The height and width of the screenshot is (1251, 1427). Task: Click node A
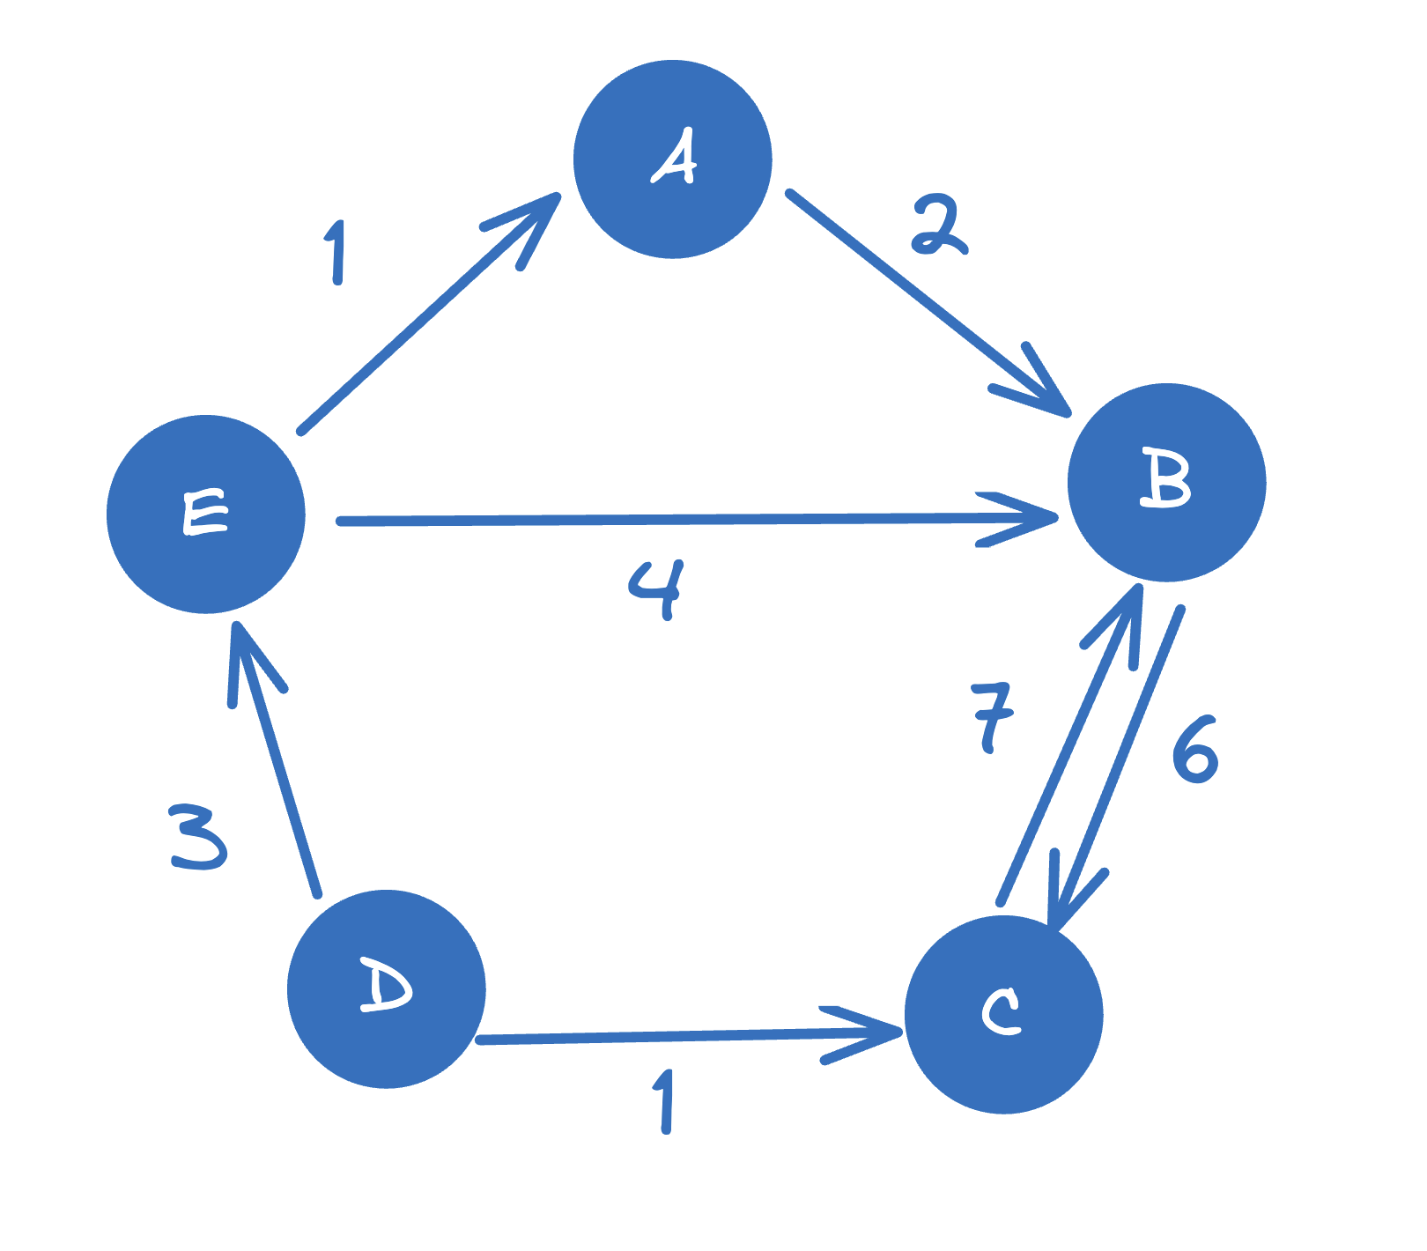pos(673,159)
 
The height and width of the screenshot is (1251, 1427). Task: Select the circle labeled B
pos(1166,483)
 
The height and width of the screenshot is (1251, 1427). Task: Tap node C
pos(1004,1015)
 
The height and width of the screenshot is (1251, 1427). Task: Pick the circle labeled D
pos(387,989)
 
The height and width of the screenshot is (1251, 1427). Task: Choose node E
pos(206,514)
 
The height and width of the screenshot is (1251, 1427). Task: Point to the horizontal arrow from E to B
pos(669,521)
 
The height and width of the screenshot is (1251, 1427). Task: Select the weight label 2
pos(938,226)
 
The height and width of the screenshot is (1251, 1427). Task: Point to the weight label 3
pos(198,836)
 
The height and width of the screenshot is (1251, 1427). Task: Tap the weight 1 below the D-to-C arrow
pos(665,1101)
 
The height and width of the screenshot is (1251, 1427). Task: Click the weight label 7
pos(992,715)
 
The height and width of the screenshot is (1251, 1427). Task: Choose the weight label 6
pos(1195,750)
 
